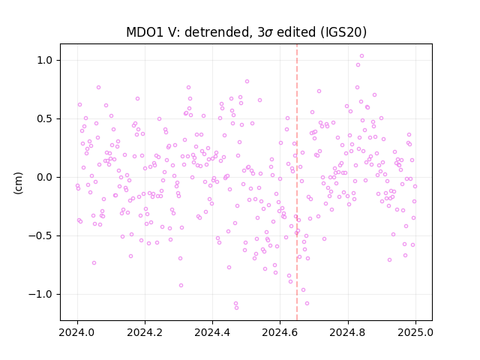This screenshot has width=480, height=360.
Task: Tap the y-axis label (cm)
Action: pyautogui.click(x=18, y=183)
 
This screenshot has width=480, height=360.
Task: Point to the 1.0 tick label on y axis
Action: pyautogui.click(x=45, y=60)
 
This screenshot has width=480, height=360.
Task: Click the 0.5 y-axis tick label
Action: pyautogui.click(x=45, y=118)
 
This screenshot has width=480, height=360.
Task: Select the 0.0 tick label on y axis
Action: pyautogui.click(x=45, y=177)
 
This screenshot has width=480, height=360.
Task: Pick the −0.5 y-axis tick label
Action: pyautogui.click(x=41, y=235)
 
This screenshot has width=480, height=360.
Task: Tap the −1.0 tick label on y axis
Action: pyautogui.click(x=41, y=294)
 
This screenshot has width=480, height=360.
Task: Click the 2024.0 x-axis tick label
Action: pyautogui.click(x=77, y=332)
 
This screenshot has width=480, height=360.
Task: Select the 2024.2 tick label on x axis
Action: pyautogui.click(x=145, y=332)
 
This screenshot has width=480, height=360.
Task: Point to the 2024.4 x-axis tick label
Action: pyautogui.click(x=212, y=332)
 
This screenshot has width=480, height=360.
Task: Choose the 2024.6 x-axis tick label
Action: pyautogui.click(x=280, y=332)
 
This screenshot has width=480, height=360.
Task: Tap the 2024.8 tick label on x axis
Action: pyautogui.click(x=348, y=332)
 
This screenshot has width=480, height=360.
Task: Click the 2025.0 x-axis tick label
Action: pyautogui.click(x=415, y=332)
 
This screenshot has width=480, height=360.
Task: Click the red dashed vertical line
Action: pyautogui.click(x=297, y=182)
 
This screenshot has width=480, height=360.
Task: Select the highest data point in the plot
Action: pyautogui.click(x=361, y=56)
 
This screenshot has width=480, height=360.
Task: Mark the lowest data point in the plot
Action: pyautogui.click(x=237, y=308)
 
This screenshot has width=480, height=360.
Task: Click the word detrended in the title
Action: pyautogui.click(x=219, y=32)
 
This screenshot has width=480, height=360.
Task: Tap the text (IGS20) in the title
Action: pyautogui.click(x=343, y=32)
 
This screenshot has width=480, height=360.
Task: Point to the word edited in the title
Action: pyautogui.click(x=296, y=32)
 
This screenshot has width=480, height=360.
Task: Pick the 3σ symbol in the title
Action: pyautogui.click(x=265, y=32)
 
